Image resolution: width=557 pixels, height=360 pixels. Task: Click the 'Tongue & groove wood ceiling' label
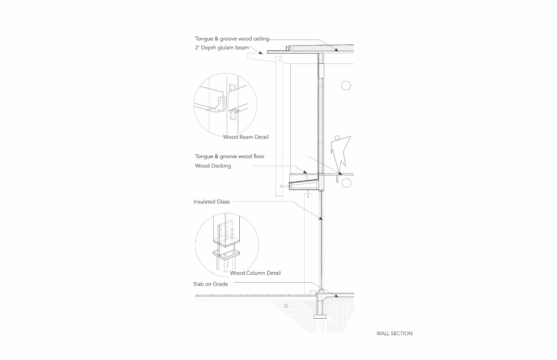point(232,39)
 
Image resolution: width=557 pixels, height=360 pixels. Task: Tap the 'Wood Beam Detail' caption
point(246,137)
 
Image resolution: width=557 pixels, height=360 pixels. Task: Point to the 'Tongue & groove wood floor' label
point(230,156)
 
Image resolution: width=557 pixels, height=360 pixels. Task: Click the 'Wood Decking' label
point(213,166)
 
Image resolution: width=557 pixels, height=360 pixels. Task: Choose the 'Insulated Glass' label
point(211,202)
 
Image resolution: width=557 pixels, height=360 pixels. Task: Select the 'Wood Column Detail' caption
point(255,273)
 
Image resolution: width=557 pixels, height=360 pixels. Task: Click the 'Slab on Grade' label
point(211,284)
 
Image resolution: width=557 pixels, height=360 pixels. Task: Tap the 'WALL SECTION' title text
point(394,333)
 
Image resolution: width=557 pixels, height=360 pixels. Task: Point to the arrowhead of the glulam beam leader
point(262,52)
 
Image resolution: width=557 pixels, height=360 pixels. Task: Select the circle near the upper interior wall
point(346,85)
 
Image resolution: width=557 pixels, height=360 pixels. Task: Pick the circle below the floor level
point(346,183)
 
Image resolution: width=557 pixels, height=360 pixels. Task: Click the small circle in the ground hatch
point(286,306)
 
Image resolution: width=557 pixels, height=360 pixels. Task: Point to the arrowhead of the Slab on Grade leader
point(336,297)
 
